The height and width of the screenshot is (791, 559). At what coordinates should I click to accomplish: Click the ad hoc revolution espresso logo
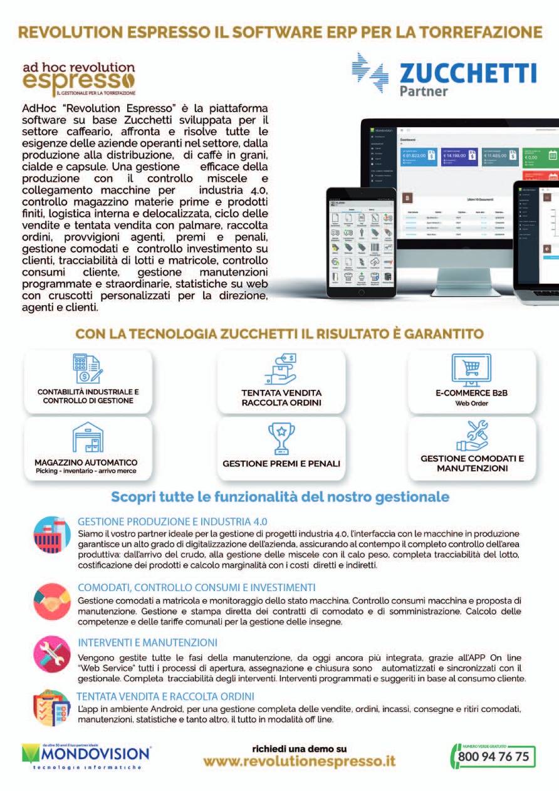(x=78, y=79)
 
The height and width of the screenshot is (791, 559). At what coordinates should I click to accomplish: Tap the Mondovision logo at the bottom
(x=86, y=756)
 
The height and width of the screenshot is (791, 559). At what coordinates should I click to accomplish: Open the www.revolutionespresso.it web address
(x=300, y=762)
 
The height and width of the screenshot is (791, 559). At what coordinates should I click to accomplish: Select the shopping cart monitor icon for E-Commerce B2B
(x=471, y=370)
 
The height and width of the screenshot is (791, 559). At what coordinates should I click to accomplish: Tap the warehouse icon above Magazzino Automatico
(x=87, y=437)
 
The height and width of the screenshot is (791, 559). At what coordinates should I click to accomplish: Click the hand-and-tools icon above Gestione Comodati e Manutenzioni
(x=472, y=436)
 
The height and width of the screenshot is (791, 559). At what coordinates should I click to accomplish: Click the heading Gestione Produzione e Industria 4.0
(x=173, y=521)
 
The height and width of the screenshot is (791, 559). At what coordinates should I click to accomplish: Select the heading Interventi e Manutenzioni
(x=147, y=642)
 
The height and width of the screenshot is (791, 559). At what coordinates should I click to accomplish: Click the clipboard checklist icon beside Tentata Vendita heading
(x=51, y=708)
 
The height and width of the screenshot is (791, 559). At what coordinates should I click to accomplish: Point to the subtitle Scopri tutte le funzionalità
(x=280, y=497)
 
